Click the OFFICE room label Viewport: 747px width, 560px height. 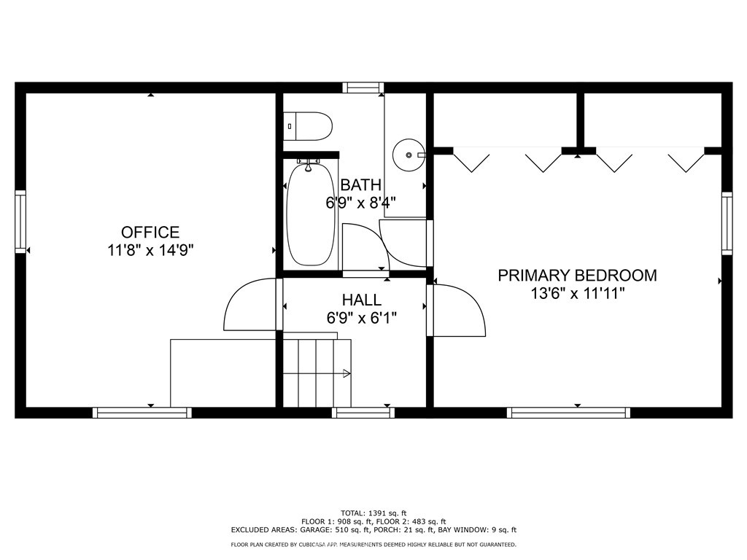(x=150, y=233)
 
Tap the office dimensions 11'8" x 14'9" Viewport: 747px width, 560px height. (x=150, y=250)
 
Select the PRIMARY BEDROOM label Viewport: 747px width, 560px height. (x=577, y=276)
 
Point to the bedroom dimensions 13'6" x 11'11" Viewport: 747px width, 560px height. (x=577, y=293)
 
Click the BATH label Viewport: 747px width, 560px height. (x=360, y=185)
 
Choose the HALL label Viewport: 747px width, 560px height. (x=361, y=300)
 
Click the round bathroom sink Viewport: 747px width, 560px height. (x=408, y=155)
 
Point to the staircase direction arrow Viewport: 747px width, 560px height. (x=346, y=373)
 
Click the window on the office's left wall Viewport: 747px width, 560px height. (x=20, y=222)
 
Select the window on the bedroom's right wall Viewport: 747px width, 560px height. (x=727, y=222)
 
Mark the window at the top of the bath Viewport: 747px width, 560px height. (x=363, y=87)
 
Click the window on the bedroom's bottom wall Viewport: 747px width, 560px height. (x=568, y=413)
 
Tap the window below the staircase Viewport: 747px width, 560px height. (x=363, y=413)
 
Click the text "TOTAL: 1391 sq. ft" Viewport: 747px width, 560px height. (x=373, y=513)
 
